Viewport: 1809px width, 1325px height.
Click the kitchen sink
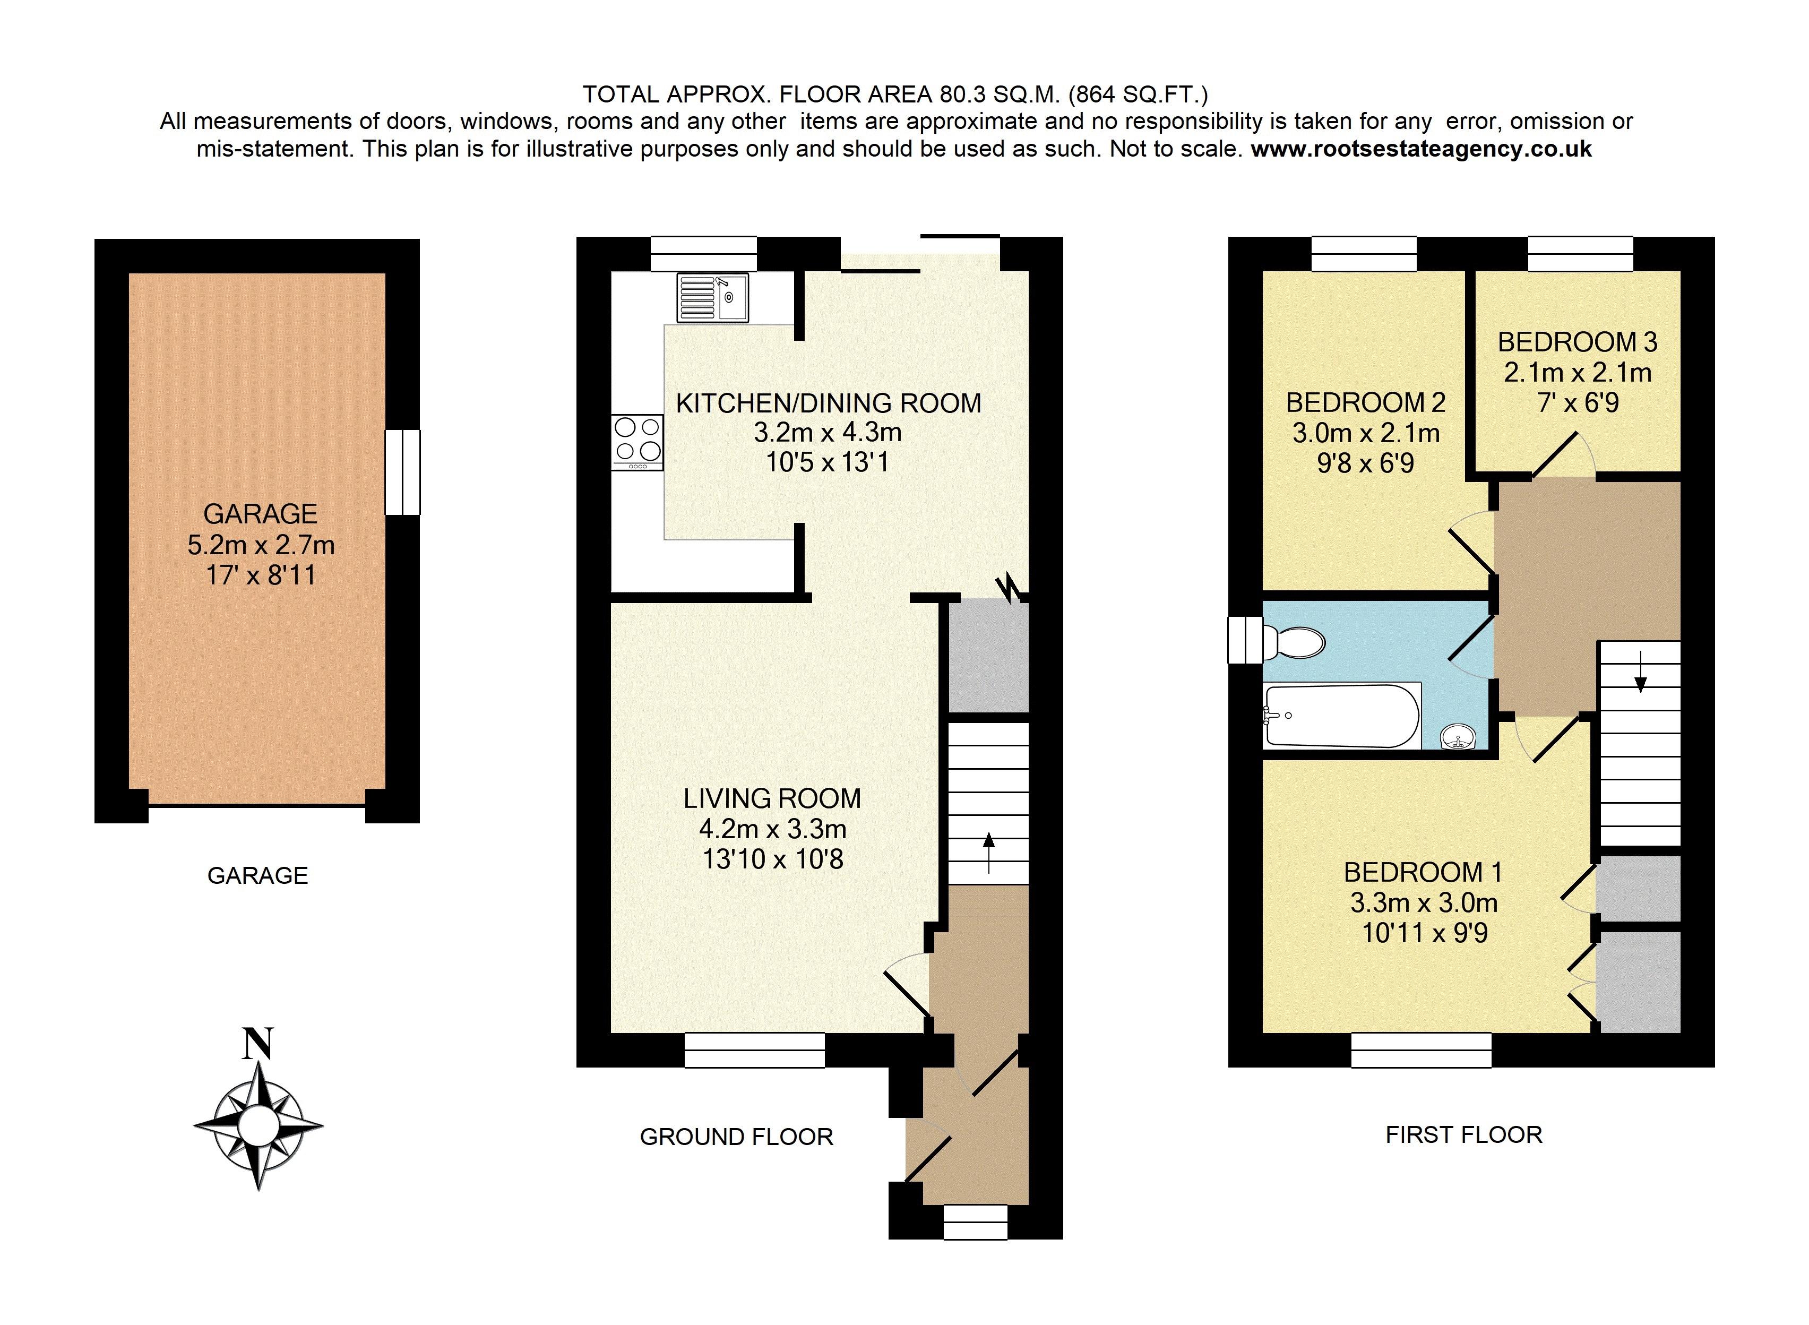pyautogui.click(x=712, y=298)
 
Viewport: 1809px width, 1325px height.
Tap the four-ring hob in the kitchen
pyautogui.click(x=638, y=442)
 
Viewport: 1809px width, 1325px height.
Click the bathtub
pyautogui.click(x=1341, y=716)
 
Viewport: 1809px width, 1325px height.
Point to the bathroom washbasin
pyautogui.click(x=1457, y=735)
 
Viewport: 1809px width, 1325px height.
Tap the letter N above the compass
pyautogui.click(x=258, y=1044)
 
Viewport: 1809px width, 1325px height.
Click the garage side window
pyautogui.click(x=402, y=472)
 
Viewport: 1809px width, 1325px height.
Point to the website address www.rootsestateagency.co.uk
pyautogui.click(x=1421, y=149)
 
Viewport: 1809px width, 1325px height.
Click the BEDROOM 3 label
pyautogui.click(x=1577, y=342)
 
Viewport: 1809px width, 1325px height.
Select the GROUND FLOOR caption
pyautogui.click(x=737, y=1137)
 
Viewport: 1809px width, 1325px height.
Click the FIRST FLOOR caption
pyautogui.click(x=1464, y=1135)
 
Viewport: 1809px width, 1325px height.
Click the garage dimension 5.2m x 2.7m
pyautogui.click(x=261, y=545)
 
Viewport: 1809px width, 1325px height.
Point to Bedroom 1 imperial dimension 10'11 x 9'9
pyautogui.click(x=1425, y=933)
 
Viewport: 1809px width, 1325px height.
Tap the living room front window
pyautogui.click(x=755, y=1050)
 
